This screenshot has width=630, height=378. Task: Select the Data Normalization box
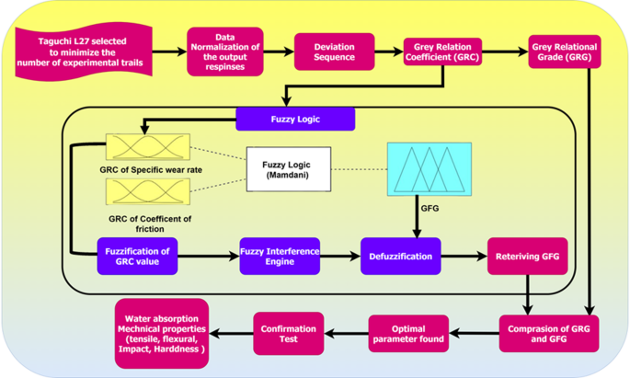(x=224, y=51)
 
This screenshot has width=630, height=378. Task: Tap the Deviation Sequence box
(x=334, y=52)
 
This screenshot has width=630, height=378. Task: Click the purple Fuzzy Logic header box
(x=294, y=119)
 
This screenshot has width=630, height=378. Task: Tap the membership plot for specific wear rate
(x=147, y=147)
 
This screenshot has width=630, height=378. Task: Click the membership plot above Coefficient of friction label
(x=147, y=191)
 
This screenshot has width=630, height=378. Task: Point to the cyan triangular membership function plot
(x=430, y=168)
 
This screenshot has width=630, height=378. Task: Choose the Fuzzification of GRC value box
(x=136, y=257)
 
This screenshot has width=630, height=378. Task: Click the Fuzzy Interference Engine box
(x=280, y=257)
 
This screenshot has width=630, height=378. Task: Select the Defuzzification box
(x=401, y=257)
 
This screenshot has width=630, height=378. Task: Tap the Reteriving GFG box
(x=527, y=257)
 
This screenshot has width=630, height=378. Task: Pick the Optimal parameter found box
(x=408, y=332)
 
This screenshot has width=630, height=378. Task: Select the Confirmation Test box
(x=288, y=332)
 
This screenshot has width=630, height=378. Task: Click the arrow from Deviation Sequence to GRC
(x=389, y=51)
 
